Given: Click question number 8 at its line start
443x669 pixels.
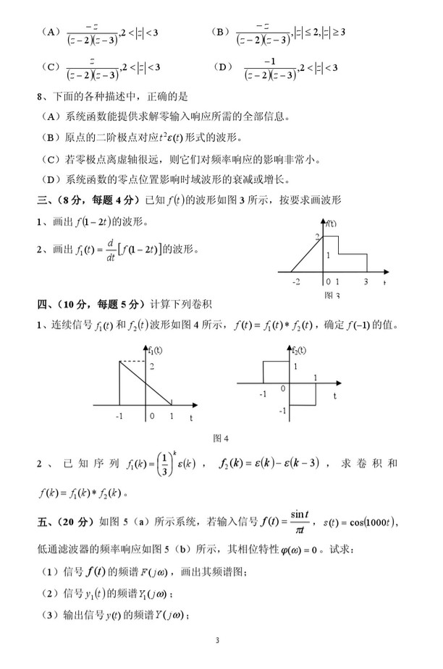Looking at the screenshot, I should coord(40,96).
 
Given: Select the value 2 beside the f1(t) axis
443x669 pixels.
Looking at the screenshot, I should coord(152,368).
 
